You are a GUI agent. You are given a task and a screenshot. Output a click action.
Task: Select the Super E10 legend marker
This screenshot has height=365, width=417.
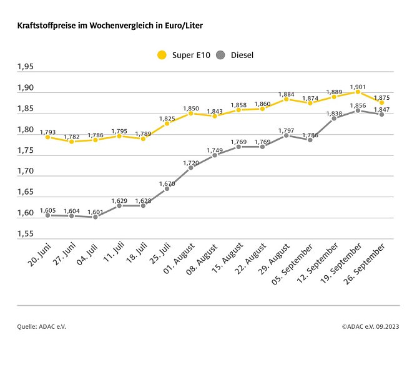pos(162,55)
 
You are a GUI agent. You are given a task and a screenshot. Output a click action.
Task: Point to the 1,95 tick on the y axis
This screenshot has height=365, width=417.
pos(26,67)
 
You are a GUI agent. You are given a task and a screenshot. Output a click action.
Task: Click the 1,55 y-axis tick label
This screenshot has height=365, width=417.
pos(26,234)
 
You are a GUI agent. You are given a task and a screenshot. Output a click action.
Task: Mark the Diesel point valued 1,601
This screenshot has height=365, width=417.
pos(95,217)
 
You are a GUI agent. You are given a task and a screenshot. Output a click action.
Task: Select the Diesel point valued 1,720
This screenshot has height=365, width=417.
pos(190,167)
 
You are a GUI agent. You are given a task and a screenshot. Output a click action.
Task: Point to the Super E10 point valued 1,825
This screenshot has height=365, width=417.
pos(167,124)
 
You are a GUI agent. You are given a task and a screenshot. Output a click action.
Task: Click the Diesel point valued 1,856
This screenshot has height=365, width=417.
pos(358,110)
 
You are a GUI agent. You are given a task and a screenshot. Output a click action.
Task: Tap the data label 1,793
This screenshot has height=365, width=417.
pos(48,132)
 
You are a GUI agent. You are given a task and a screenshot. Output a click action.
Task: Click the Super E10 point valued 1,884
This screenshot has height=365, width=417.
pos(286,99)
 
